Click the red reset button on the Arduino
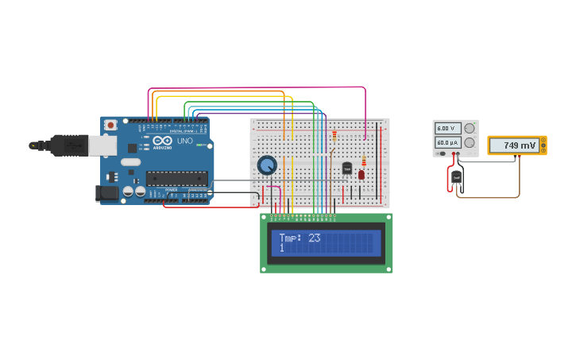(x=110, y=125)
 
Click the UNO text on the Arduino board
(x=184, y=141)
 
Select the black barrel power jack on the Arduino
(x=106, y=192)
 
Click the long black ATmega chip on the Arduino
(x=176, y=179)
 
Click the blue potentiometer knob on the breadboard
(x=267, y=165)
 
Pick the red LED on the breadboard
(x=361, y=174)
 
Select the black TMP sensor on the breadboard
(x=347, y=168)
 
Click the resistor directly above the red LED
(x=364, y=161)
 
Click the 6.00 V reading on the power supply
(x=446, y=128)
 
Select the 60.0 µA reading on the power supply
(x=446, y=142)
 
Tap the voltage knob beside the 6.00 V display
(x=470, y=128)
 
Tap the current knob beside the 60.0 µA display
(x=470, y=142)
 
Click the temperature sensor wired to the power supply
(x=456, y=177)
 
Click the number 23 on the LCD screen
(x=314, y=238)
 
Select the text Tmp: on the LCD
(x=290, y=238)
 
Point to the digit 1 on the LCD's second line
(x=281, y=248)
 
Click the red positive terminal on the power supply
(x=454, y=154)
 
